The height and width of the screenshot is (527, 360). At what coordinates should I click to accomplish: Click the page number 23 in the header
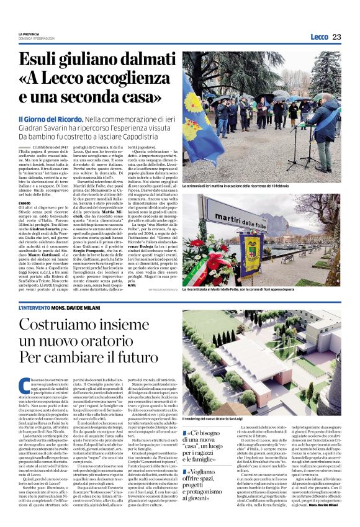(336, 37)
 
